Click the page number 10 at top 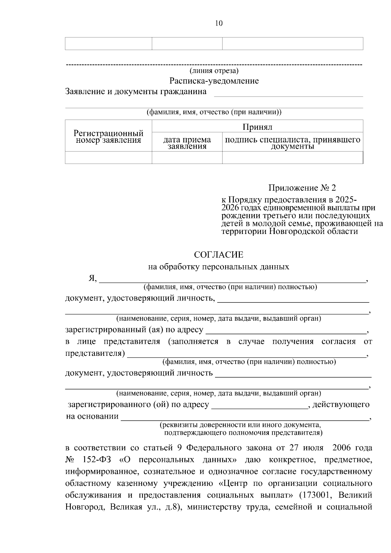219,23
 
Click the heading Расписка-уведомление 214,81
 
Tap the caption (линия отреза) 214,71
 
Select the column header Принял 257,126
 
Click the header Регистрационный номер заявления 108,137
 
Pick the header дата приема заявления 187,143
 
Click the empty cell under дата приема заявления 187,157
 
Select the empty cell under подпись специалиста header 292,157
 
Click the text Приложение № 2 302,188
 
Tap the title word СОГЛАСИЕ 218,255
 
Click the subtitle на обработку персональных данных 218,267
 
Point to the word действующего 341,405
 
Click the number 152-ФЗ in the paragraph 97,460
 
